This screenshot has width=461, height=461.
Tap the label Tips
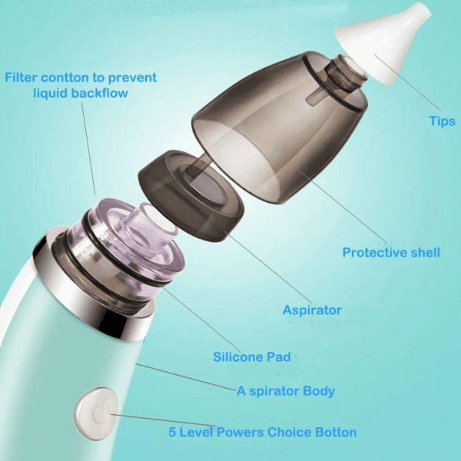tap(442, 121)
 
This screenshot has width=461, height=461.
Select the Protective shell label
tap(391, 253)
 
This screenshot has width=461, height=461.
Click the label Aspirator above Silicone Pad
tap(311, 310)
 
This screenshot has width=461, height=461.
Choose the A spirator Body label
tap(285, 391)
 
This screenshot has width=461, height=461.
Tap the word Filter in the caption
tap(24, 78)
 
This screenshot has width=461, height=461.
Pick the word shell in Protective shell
tap(424, 253)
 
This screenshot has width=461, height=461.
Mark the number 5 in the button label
tap(173, 432)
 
